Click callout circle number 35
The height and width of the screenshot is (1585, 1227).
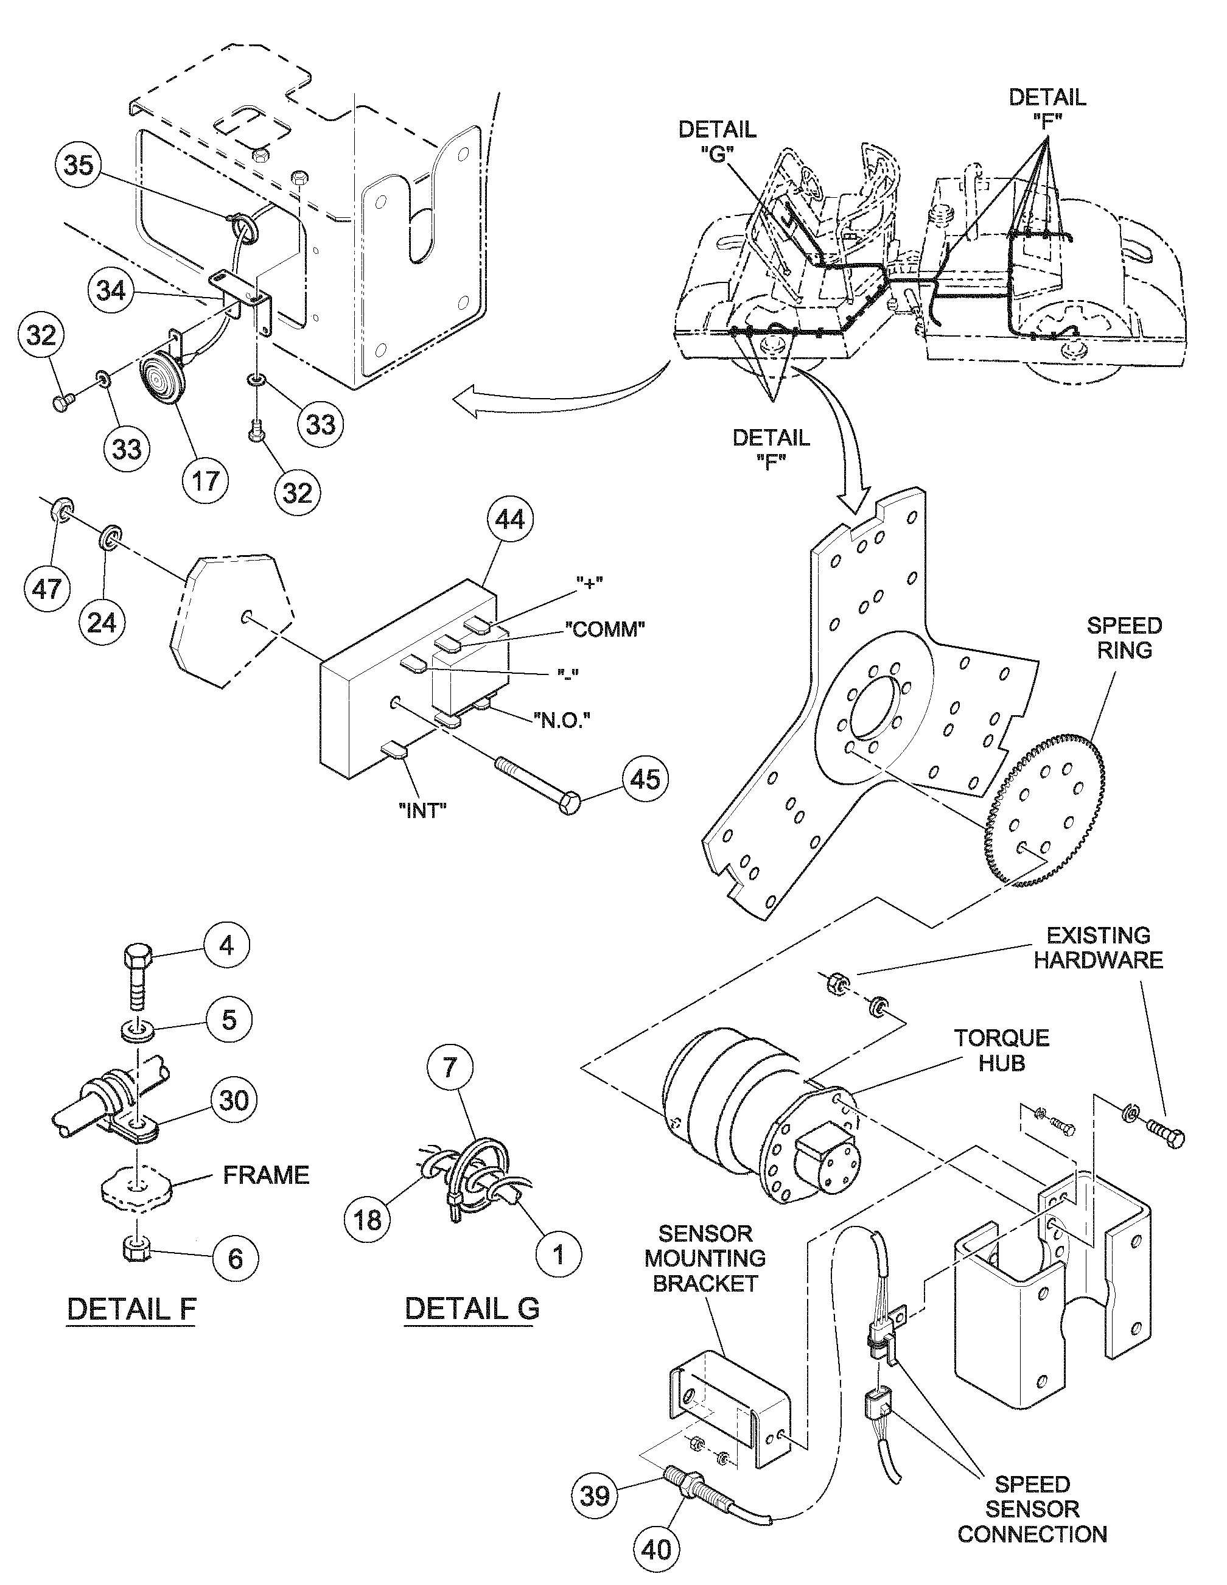79,165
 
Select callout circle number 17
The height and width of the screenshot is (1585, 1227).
205,480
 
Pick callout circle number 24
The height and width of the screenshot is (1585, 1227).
102,622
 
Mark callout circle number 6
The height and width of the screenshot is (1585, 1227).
236,1258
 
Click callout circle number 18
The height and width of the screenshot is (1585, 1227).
367,1219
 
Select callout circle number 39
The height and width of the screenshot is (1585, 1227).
595,1496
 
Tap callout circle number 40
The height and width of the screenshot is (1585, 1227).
657,1550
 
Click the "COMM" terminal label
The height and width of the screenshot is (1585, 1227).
605,629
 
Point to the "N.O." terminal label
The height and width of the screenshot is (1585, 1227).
562,720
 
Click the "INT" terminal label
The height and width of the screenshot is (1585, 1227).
422,811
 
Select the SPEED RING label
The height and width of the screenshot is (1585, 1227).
1124,638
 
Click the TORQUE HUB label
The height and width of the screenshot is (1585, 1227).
1001,1050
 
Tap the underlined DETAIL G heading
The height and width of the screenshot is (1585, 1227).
472,1308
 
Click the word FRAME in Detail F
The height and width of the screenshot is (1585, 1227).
265,1175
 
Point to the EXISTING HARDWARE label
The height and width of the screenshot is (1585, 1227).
1098,947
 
